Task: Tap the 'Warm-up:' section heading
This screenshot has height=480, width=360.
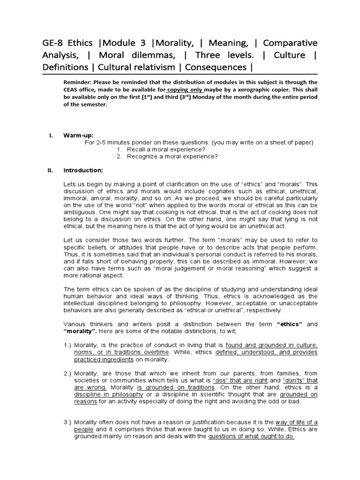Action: pos(75,135)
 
